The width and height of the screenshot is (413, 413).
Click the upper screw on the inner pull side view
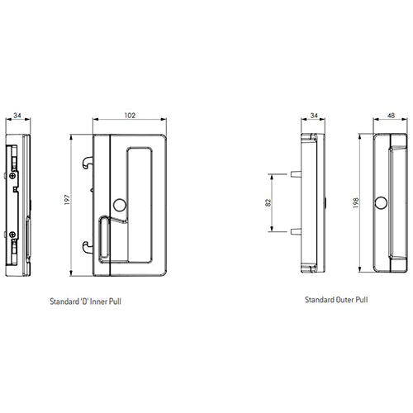[x=14, y=175]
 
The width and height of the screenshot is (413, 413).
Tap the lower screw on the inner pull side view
[x=14, y=235]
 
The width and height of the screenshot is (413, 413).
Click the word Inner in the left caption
[x=103, y=304]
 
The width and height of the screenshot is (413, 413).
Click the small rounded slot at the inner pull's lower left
[x=104, y=245]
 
